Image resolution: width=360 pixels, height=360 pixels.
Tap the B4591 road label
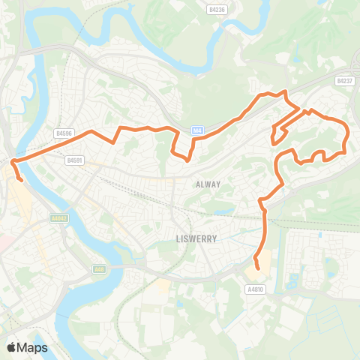coord(73,160)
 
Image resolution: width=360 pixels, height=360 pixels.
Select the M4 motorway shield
coord(196,129)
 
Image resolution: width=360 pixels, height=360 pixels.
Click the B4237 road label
coord(344,80)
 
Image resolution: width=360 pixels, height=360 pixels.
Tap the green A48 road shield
coord(99,268)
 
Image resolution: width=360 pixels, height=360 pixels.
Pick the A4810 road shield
coord(255,289)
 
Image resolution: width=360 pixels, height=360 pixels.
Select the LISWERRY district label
coord(196,238)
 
